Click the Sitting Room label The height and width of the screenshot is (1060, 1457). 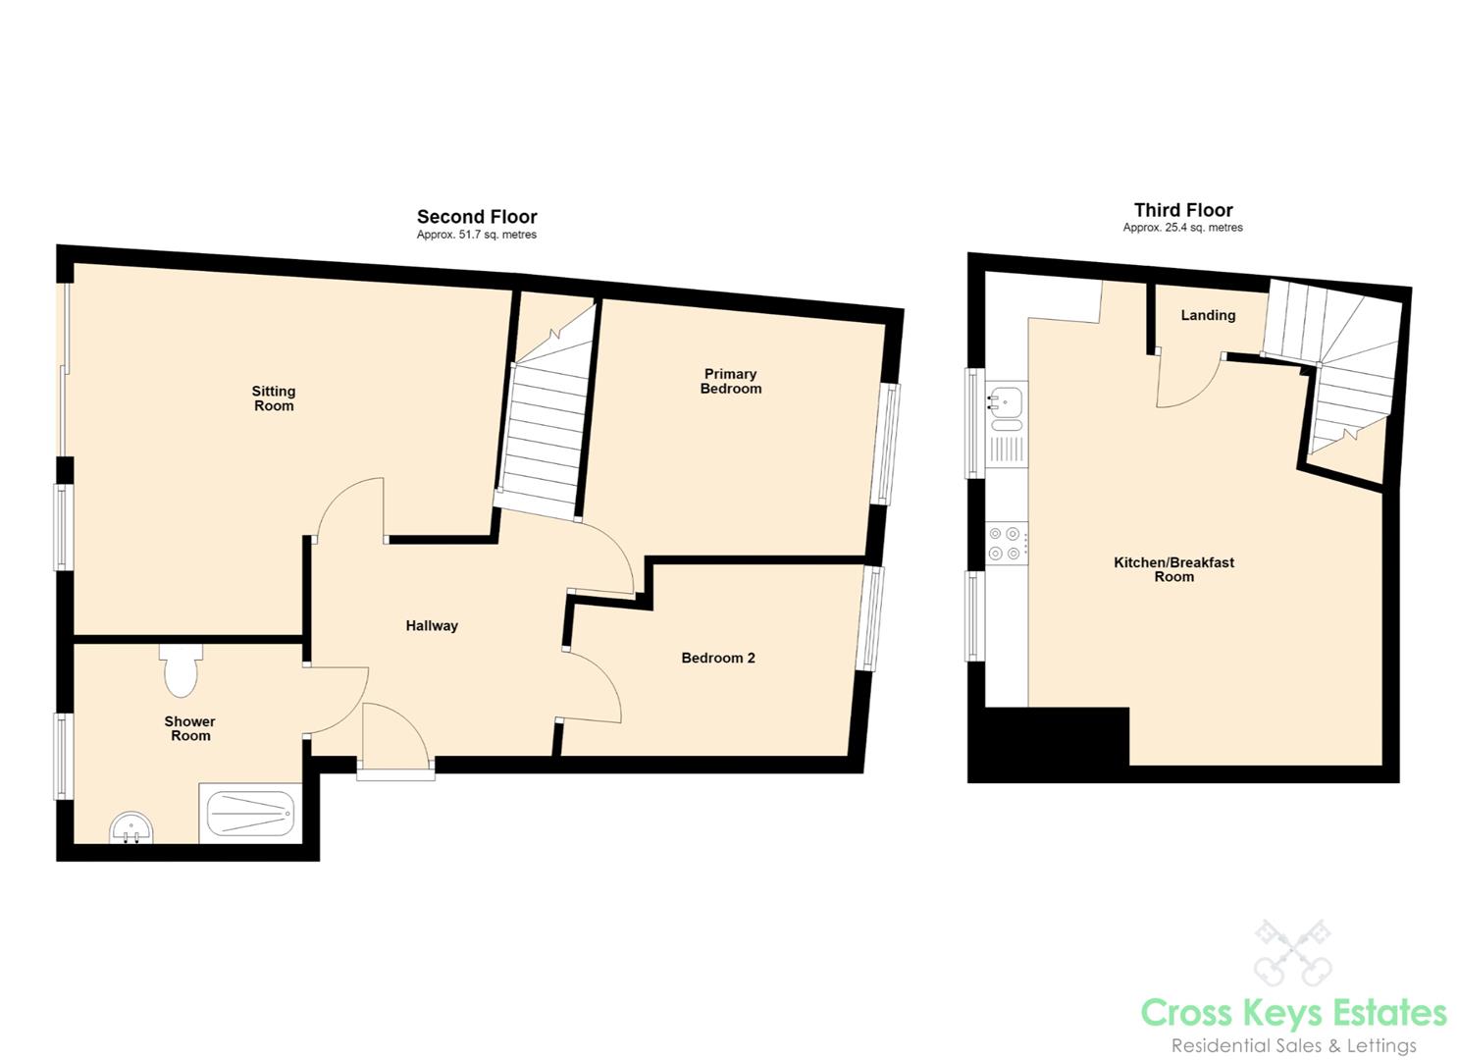click(273, 398)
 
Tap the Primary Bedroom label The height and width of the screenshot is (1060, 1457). click(730, 381)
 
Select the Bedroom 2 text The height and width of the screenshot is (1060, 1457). click(718, 658)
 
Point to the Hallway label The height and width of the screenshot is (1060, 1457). click(432, 626)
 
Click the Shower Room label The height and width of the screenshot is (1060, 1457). click(190, 728)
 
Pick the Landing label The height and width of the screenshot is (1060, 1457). click(1208, 316)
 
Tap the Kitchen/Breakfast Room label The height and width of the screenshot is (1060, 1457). click(1174, 569)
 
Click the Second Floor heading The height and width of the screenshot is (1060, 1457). click(477, 217)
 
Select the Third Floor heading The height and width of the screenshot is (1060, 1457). click(1183, 210)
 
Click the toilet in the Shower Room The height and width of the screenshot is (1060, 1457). click(181, 670)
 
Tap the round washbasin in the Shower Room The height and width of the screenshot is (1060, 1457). click(132, 827)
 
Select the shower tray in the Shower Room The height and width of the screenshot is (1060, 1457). click(250, 813)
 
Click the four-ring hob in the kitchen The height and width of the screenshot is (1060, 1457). click(1007, 544)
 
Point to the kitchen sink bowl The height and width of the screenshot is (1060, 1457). click(1006, 400)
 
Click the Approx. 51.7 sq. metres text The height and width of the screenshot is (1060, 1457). click(477, 235)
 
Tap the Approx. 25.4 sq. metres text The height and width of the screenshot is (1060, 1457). click(1183, 228)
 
